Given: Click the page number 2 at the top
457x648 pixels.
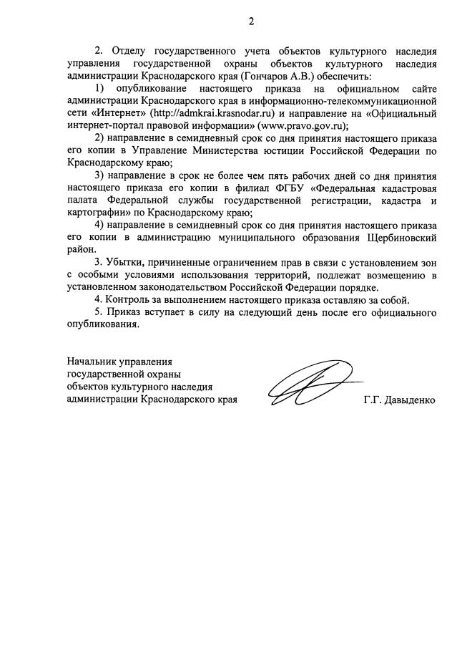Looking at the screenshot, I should [x=251, y=21].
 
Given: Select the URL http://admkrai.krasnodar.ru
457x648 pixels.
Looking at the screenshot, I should [x=215, y=113].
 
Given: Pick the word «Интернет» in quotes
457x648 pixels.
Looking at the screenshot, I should [x=117, y=113].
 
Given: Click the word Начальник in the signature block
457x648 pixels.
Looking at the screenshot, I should [x=89, y=362].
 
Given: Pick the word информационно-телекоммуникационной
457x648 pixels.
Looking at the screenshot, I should [x=346, y=101].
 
